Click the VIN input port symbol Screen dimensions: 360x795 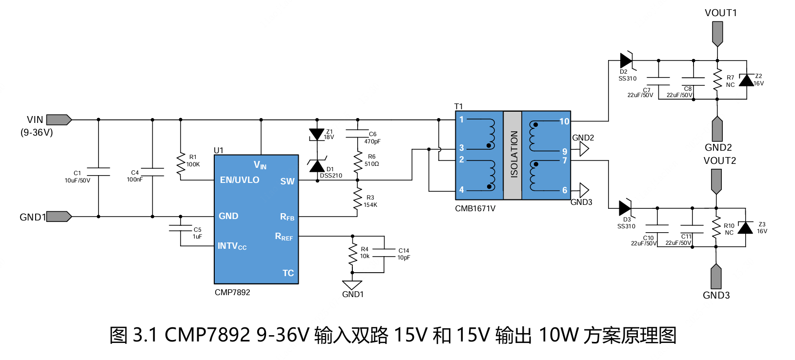point(59,120)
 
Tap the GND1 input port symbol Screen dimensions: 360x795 point(59,217)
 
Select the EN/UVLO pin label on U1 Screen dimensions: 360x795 point(239,180)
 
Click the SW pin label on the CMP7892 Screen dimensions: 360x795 point(287,181)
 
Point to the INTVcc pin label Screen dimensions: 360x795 point(232,246)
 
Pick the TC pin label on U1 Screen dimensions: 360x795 point(288,273)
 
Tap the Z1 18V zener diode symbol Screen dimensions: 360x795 point(317,135)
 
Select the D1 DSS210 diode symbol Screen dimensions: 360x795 point(317,166)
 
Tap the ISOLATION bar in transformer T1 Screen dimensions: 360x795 point(512,155)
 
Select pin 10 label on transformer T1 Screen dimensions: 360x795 point(564,121)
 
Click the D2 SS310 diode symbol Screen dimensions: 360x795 point(626,60)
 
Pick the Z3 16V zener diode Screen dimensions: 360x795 point(745,228)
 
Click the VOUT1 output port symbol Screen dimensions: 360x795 point(717,33)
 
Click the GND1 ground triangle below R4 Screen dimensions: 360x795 point(352,285)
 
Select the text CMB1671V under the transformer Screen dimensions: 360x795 point(475,209)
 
